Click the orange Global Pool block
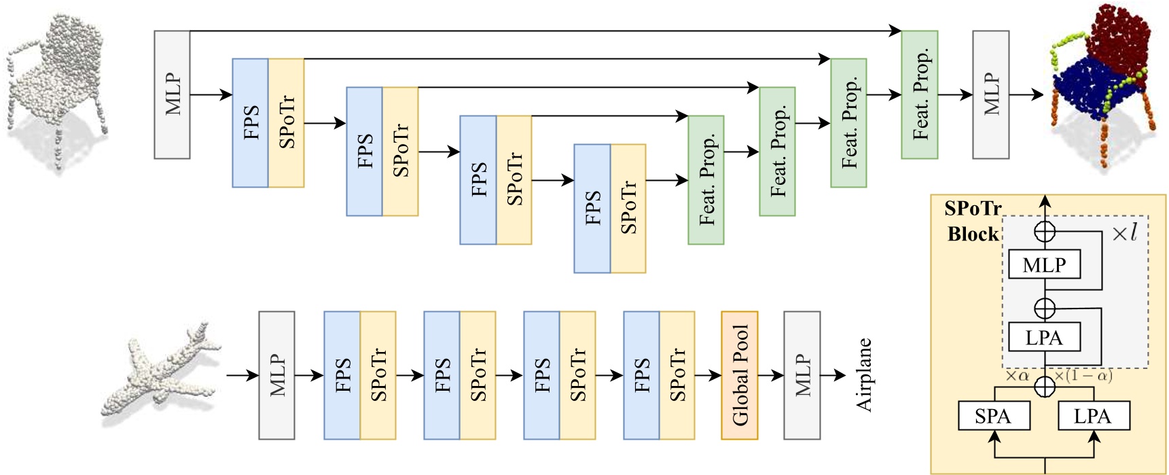[x=739, y=375]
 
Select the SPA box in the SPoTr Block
[x=993, y=416]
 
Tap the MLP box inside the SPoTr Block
[x=1044, y=264]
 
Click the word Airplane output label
[x=863, y=375]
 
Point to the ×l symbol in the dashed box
[x=1124, y=233]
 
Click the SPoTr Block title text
[x=973, y=221]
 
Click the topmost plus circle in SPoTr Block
[x=1044, y=232]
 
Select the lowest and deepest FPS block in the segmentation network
[x=592, y=208]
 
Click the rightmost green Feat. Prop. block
[x=919, y=94]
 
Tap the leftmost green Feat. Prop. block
[x=706, y=179]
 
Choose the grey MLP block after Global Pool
[x=802, y=375]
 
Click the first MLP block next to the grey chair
[x=172, y=94]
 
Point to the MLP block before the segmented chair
[x=990, y=94]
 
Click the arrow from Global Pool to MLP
[x=770, y=375]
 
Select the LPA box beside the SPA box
[x=1094, y=416]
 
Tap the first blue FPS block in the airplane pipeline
[x=342, y=375]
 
